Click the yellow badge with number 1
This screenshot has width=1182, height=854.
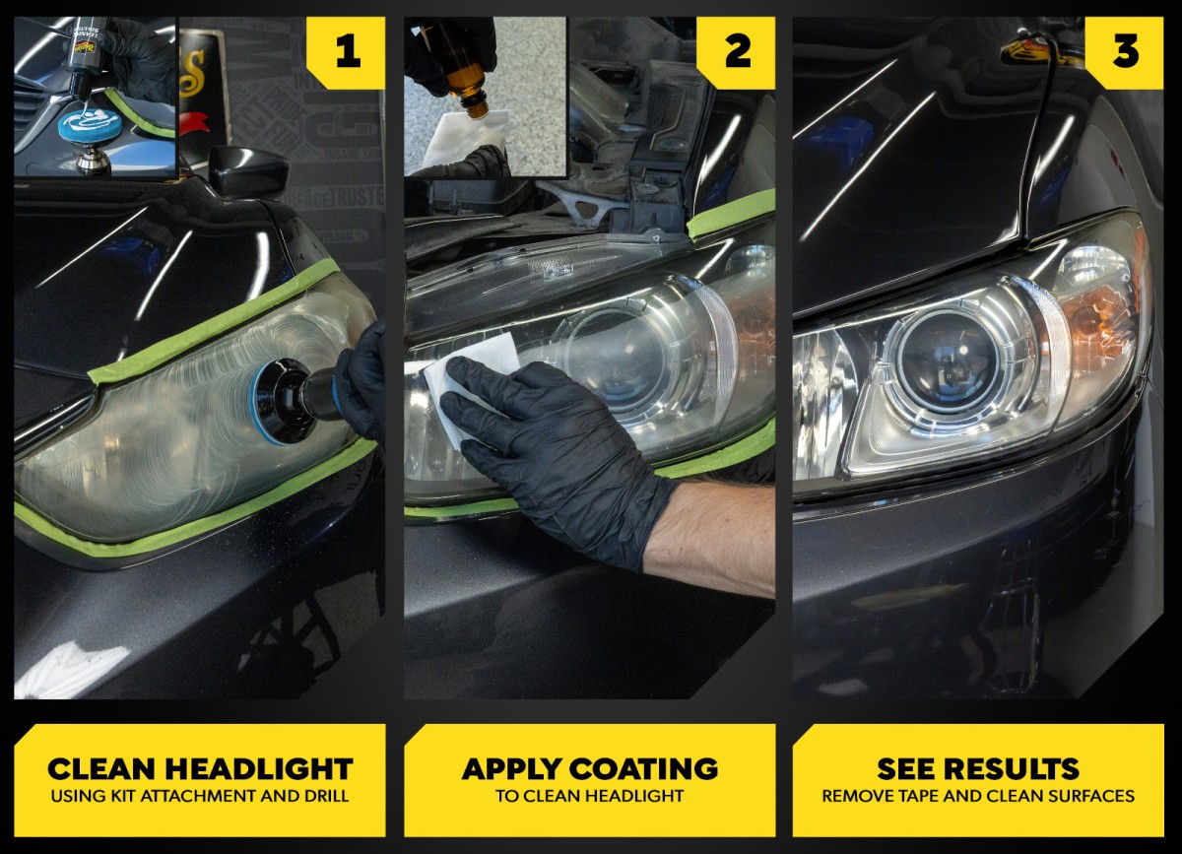tap(346, 53)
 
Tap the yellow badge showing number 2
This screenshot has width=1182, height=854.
tap(737, 53)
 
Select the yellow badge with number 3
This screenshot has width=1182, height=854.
tap(1125, 53)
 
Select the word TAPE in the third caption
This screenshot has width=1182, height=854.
tap(918, 796)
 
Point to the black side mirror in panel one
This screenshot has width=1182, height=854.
tap(248, 172)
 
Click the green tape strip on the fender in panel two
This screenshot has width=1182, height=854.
tap(731, 214)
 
